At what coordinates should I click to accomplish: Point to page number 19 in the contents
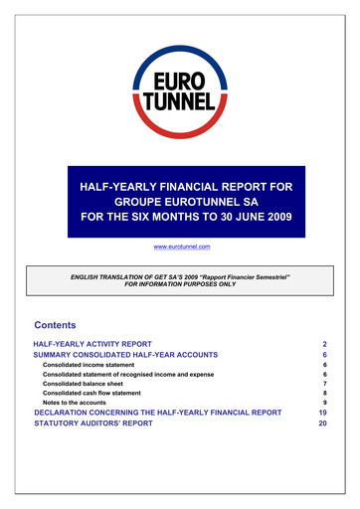322,411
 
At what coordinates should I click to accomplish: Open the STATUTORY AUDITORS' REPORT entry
97,423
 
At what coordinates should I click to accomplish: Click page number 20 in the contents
322,423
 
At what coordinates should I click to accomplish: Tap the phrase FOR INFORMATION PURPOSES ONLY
179,283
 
